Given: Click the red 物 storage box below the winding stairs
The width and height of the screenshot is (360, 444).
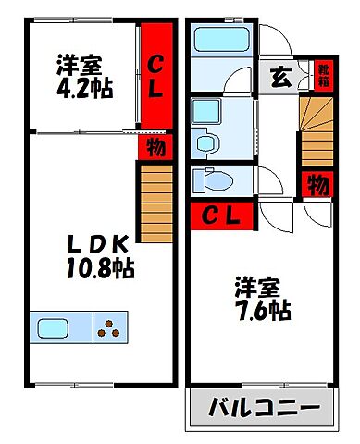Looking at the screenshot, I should (x=317, y=183).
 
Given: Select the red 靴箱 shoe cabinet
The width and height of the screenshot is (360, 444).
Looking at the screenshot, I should (x=324, y=74).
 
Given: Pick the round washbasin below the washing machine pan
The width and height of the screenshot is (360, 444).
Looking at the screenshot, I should (x=205, y=142).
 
